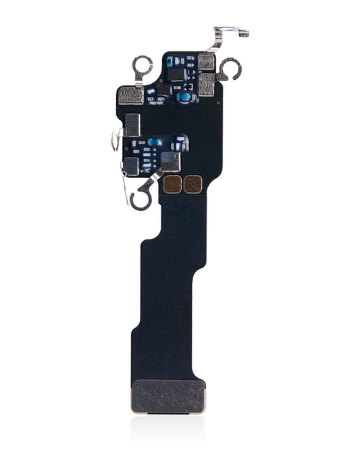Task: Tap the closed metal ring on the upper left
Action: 142,66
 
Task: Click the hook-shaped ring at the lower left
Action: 142,198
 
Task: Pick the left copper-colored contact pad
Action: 173,184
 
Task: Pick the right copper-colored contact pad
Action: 193,184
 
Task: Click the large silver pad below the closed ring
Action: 130,95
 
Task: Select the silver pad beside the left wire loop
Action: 132,124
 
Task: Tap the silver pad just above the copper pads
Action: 171,160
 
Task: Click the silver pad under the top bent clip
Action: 207,63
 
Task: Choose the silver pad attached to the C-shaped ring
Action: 207,84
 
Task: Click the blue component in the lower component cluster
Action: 155,143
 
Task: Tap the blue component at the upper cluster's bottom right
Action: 183,97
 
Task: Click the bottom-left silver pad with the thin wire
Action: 131,166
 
